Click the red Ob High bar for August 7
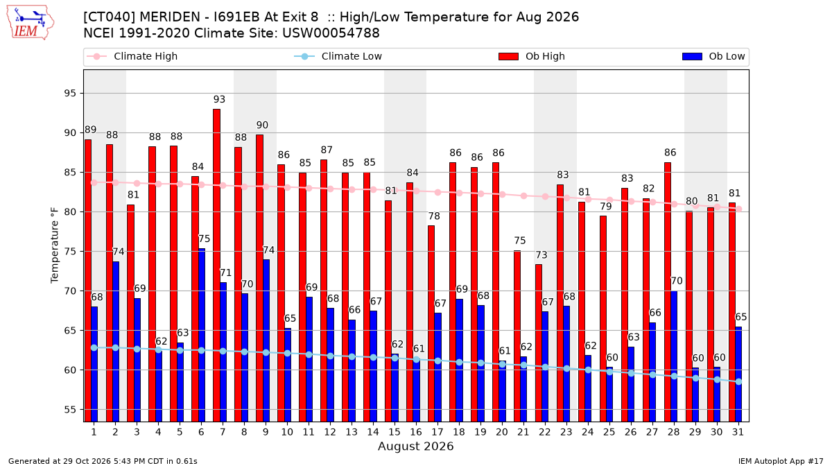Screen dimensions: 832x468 [x=216, y=265]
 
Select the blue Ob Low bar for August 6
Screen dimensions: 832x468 [x=202, y=335]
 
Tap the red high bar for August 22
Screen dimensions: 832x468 [x=539, y=343]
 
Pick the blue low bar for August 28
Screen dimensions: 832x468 [x=674, y=356]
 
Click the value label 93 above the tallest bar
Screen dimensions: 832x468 [x=219, y=99]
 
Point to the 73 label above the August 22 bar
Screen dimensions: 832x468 [x=541, y=255]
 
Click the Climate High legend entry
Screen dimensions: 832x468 [x=132, y=56]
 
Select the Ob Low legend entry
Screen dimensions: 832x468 [x=713, y=56]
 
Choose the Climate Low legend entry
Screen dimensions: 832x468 [x=338, y=56]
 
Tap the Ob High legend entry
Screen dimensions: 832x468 [x=532, y=56]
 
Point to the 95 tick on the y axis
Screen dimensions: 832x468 [x=70, y=93]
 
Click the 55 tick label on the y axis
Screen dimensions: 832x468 [x=70, y=410]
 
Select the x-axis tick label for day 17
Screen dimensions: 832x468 [x=437, y=432]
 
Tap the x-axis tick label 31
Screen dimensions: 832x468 [x=738, y=432]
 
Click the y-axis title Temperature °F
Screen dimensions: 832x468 [x=55, y=245]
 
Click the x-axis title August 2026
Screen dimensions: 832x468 [x=415, y=446]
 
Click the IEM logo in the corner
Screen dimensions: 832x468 [x=31, y=23]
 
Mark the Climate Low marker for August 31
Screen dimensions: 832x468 [x=739, y=381]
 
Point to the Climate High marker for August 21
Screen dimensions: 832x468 [x=523, y=196]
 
